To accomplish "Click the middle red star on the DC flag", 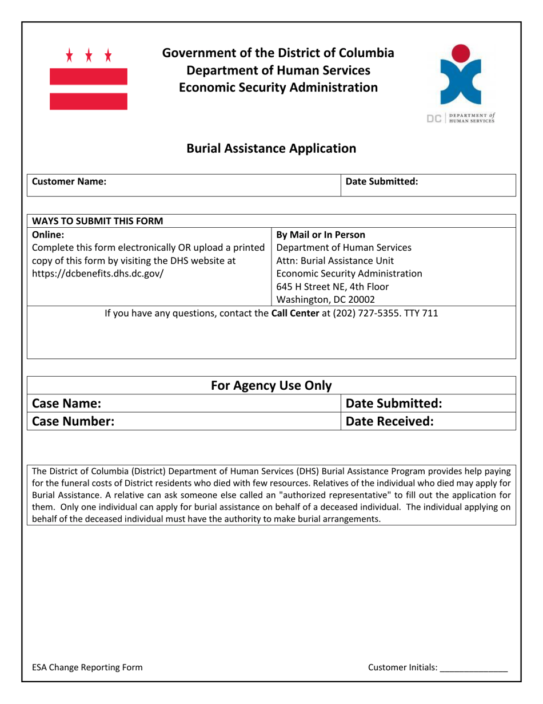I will [89, 56].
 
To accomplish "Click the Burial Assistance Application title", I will [271, 149].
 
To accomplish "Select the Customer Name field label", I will [69, 181].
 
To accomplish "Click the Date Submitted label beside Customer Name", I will [382, 181].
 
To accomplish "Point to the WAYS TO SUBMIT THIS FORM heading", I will [97, 221].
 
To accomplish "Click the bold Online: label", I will [49, 235].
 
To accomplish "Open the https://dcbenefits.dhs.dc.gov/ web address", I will [98, 273].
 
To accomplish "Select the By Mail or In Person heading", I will [321, 235].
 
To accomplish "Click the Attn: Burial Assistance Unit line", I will [335, 260].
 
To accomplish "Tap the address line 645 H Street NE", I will [332, 286].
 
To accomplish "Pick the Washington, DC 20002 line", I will [325, 299].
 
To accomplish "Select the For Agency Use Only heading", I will [271, 386].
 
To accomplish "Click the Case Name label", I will [66, 404].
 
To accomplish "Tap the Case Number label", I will [73, 422].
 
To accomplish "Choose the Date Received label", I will [390, 422].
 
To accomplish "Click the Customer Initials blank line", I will [474, 669].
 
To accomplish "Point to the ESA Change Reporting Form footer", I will [87, 667].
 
